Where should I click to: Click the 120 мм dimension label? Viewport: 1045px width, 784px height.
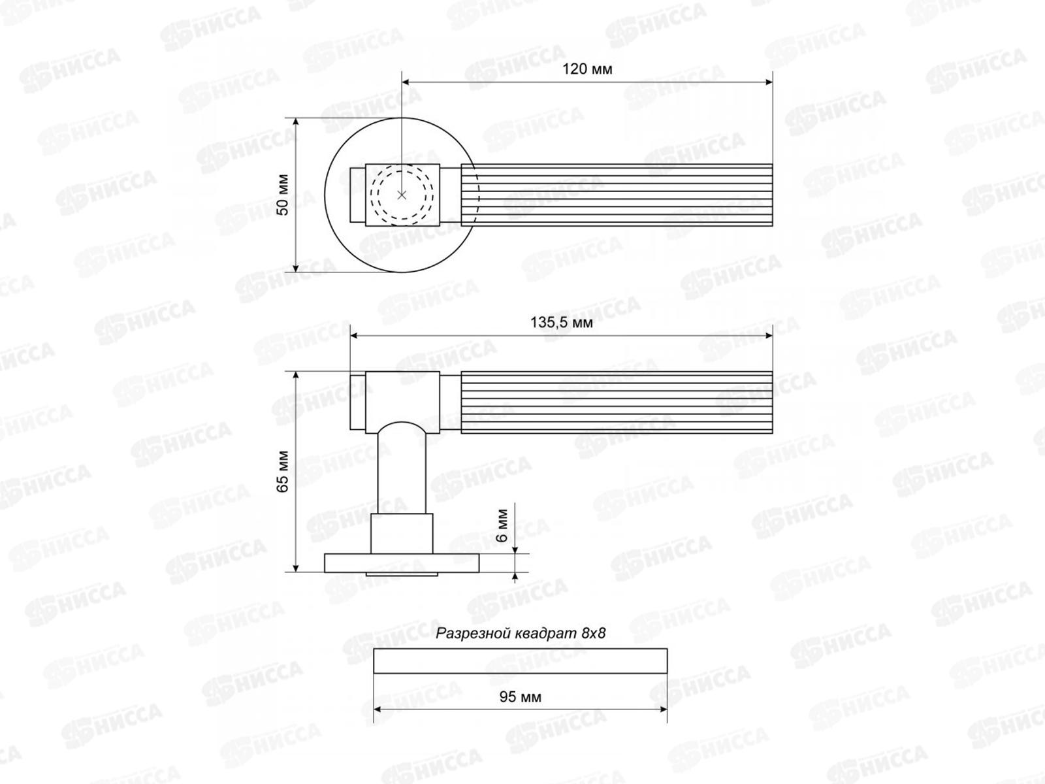pos(587,69)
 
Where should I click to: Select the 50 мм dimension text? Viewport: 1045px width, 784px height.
pos(282,195)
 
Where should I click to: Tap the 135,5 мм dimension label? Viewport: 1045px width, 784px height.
pos(562,323)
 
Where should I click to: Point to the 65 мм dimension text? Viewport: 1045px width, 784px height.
pos(282,471)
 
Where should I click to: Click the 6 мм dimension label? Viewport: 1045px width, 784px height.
pos(502,525)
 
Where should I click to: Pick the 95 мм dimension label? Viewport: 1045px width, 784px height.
pos(520,697)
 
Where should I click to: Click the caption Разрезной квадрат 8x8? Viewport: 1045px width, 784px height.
pos(521,633)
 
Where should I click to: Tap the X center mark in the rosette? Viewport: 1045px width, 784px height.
pos(402,195)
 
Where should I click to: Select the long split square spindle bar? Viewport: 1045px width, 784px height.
pos(520,661)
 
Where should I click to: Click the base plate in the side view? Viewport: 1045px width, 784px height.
pos(402,563)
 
